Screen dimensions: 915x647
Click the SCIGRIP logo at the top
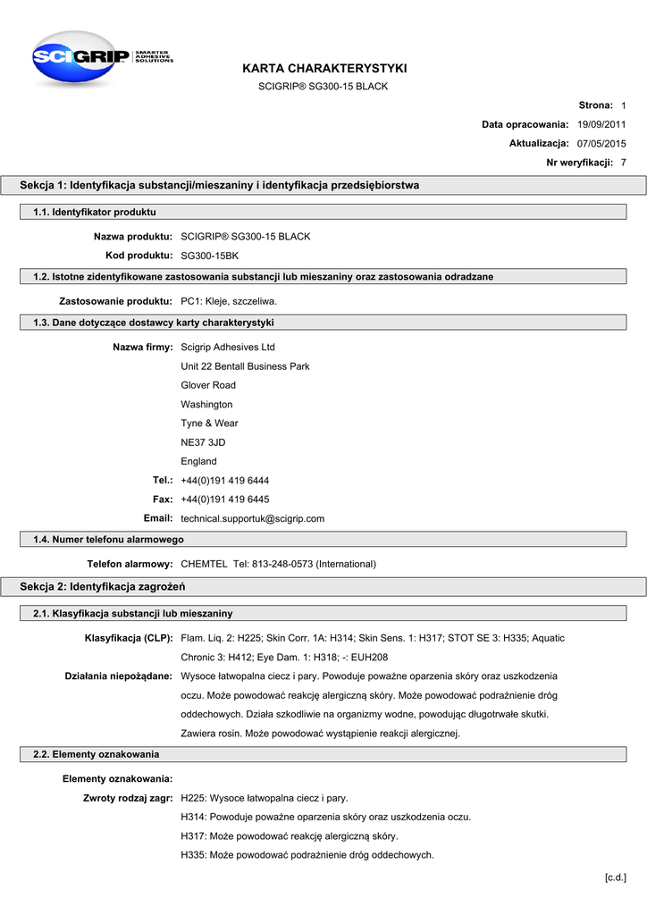[98, 58]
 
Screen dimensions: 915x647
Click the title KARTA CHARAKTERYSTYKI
[323, 68]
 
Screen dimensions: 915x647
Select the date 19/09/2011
[601, 124]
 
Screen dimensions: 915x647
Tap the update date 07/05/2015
[601, 143]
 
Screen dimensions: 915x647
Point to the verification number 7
[623, 163]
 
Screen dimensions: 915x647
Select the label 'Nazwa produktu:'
[133, 237]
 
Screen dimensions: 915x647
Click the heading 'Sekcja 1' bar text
[220, 185]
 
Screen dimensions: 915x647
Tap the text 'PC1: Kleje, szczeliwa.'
[229, 301]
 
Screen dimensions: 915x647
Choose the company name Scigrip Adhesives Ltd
[228, 347]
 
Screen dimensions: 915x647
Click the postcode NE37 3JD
[203, 442]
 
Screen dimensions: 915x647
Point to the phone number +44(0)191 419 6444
[224, 480]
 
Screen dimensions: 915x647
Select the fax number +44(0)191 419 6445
[224, 499]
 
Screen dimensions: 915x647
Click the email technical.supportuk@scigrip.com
[252, 518]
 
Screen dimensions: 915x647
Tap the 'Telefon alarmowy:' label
[130, 564]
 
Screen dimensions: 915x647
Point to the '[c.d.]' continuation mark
[616, 877]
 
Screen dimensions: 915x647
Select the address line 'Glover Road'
[208, 385]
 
